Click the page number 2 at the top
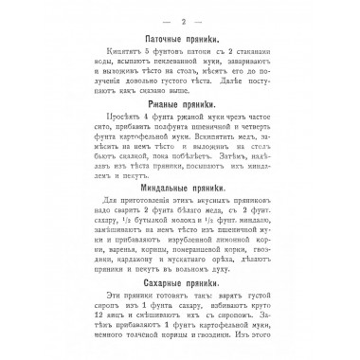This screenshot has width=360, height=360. (x=180, y=16)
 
